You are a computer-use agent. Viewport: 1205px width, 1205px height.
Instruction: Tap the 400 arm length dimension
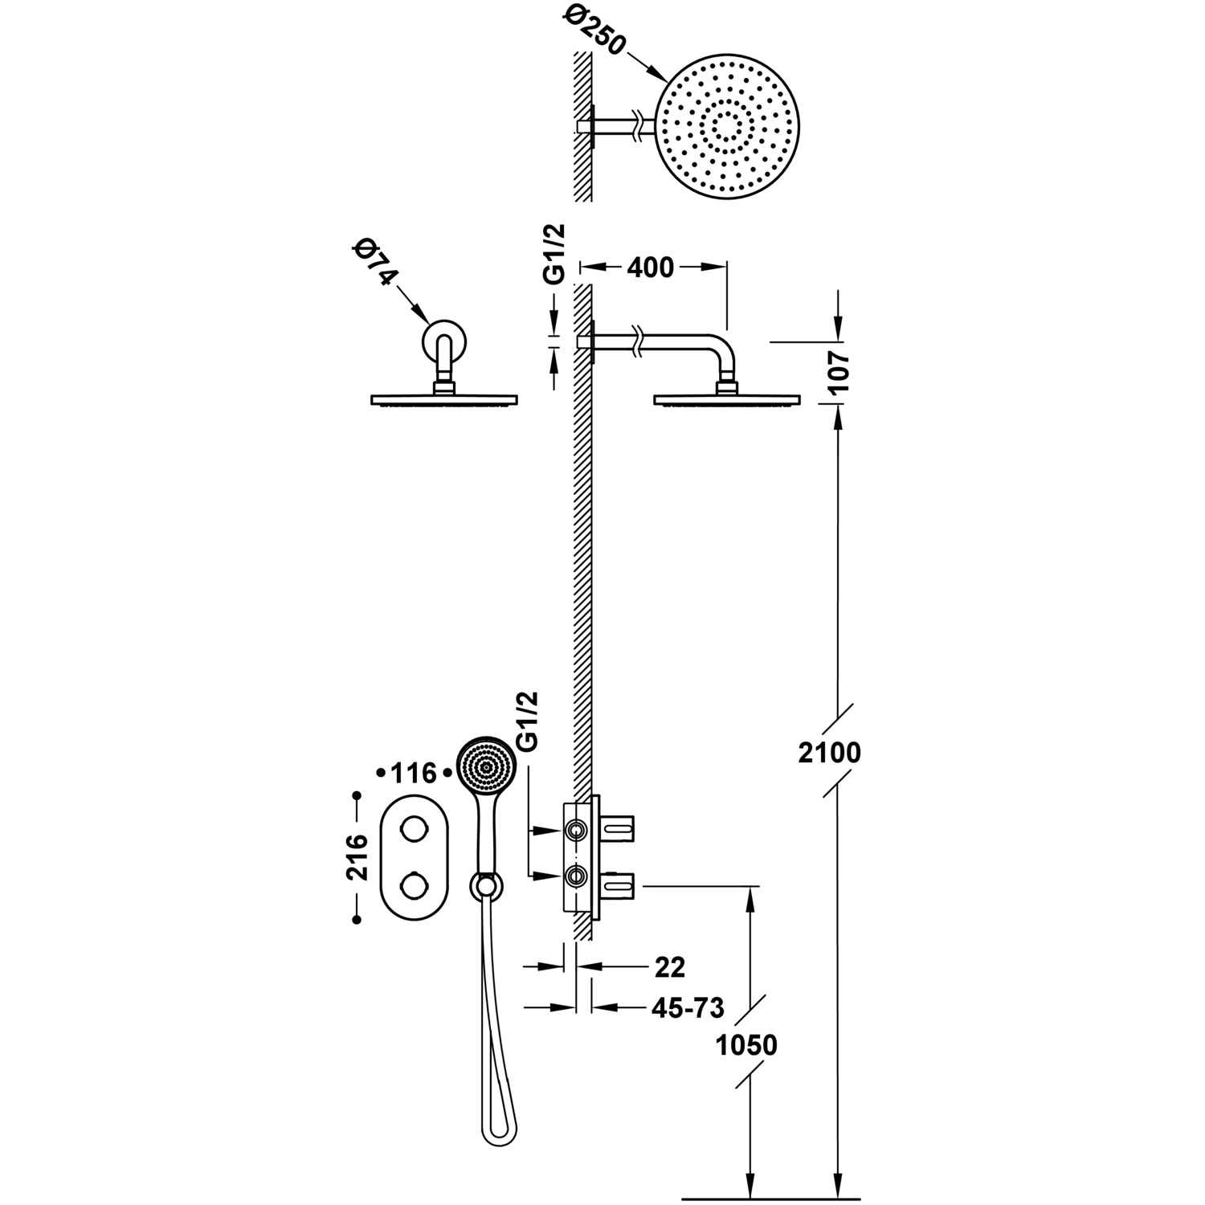[650, 267]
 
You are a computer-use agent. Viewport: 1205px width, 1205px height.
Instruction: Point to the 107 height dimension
[838, 371]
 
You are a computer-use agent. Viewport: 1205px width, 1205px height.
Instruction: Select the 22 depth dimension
[670, 968]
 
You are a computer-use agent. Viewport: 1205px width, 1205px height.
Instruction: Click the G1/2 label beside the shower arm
[554, 254]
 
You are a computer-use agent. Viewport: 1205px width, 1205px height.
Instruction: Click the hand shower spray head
[484, 766]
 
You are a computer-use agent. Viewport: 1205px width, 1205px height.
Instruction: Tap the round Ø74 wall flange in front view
[443, 342]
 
